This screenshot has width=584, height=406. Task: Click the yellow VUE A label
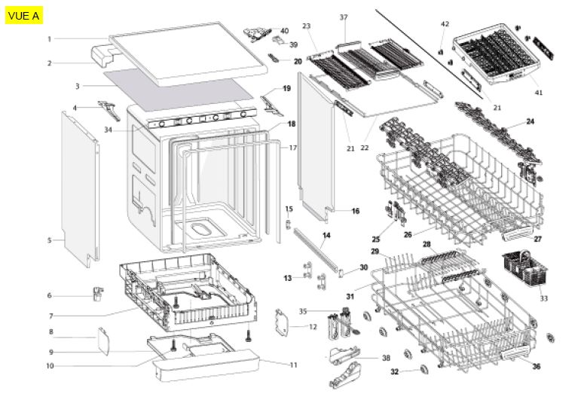(23, 15)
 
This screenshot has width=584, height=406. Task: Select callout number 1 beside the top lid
(49, 38)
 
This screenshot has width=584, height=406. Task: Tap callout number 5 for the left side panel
(50, 240)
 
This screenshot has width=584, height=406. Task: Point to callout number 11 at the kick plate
(294, 365)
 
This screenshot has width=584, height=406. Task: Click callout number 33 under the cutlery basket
(543, 298)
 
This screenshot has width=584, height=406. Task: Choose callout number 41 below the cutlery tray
(538, 93)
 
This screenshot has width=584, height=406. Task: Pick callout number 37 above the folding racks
(344, 17)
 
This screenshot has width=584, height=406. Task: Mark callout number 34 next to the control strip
(108, 130)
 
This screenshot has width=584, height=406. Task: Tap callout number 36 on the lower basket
(536, 367)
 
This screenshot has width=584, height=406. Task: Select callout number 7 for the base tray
(50, 316)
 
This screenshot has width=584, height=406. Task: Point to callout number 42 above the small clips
(445, 24)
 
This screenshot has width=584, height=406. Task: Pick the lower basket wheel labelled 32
(423, 368)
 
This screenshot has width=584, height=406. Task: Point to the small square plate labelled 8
(102, 340)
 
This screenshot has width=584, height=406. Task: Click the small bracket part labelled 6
(97, 293)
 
